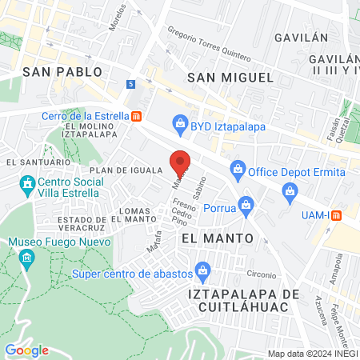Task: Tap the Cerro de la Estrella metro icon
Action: click(137, 115)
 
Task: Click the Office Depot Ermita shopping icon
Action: click(238, 169)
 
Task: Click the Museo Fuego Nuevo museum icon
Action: click(27, 258)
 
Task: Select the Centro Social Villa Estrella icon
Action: click(27, 186)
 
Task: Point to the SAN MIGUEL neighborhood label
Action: click(230, 77)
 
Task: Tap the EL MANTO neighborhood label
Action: click(217, 238)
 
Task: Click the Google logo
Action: click(26, 350)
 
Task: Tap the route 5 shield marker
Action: click(131, 83)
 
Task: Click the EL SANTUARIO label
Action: click(34, 162)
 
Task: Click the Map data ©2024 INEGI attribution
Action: click(312, 354)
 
